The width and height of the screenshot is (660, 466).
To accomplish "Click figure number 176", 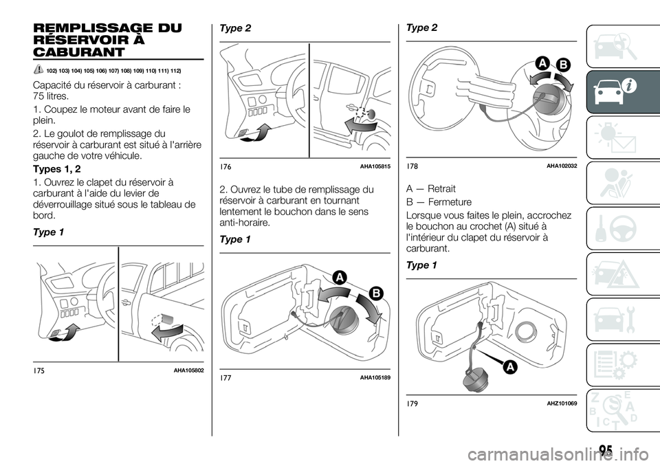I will pos(227,167).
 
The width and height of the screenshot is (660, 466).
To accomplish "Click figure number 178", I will pos(412,167).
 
